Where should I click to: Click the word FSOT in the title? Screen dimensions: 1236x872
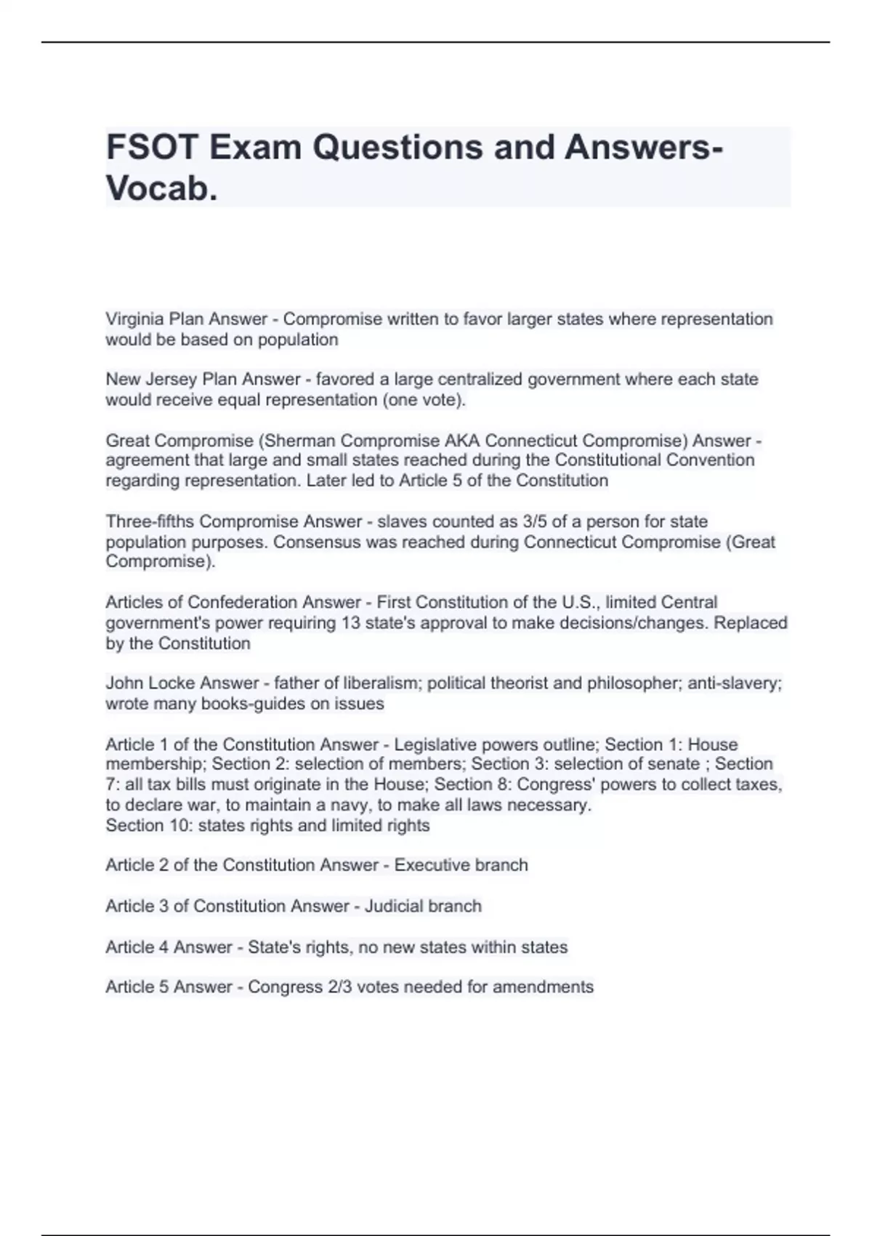click(152, 148)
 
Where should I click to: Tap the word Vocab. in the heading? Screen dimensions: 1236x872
click(161, 189)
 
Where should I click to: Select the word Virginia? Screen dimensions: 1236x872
click(134, 319)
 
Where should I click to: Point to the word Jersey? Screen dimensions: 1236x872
click(171, 380)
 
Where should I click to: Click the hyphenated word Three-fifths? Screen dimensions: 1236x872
click(150, 521)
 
